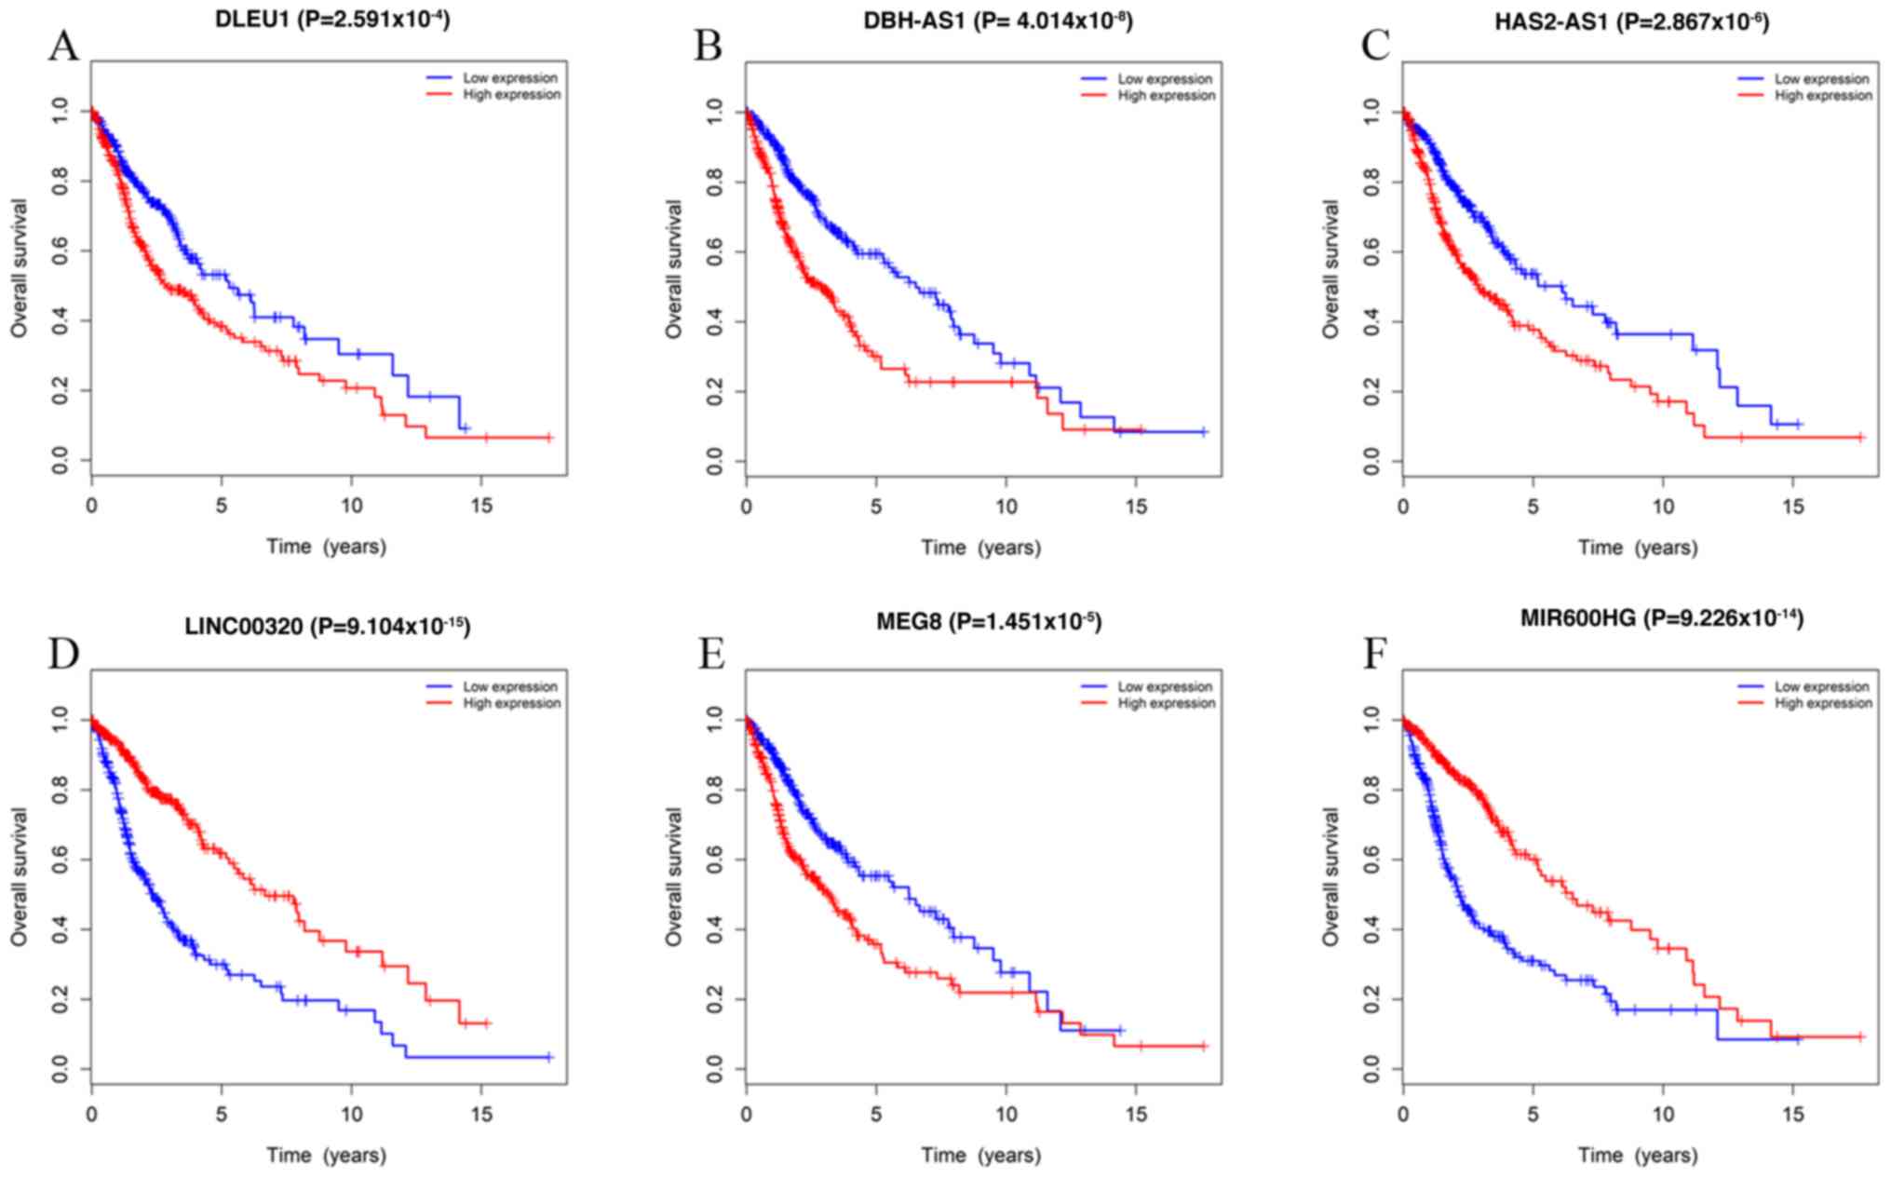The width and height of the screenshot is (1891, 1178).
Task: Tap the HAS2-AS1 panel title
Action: click(x=1631, y=21)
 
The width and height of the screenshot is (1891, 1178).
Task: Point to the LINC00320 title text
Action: click(x=327, y=627)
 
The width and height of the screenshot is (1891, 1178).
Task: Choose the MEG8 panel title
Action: click(x=988, y=622)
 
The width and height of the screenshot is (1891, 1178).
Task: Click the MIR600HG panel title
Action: click(x=1661, y=617)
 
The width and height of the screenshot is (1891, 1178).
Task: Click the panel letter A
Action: click(x=63, y=47)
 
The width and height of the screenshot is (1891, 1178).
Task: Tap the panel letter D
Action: click(x=63, y=655)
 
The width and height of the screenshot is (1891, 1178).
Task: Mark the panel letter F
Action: click(x=1374, y=655)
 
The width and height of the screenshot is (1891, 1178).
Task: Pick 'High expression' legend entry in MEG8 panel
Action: click(x=1167, y=703)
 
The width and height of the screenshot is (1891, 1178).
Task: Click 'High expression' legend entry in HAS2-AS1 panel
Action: click(x=1823, y=96)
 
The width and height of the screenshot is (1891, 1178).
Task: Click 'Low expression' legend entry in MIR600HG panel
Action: click(x=1821, y=686)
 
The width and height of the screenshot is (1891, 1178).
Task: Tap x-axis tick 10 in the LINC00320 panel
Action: click(x=351, y=1115)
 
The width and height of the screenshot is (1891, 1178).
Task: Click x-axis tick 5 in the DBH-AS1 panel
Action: click(x=875, y=508)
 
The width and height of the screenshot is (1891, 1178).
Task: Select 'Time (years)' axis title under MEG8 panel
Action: click(x=981, y=1156)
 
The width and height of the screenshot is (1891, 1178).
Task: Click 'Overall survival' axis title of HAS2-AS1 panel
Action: click(x=1331, y=269)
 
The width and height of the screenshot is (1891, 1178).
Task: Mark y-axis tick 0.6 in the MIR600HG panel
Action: click(x=1371, y=860)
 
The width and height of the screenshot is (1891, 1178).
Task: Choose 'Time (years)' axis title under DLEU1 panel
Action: click(x=326, y=547)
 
